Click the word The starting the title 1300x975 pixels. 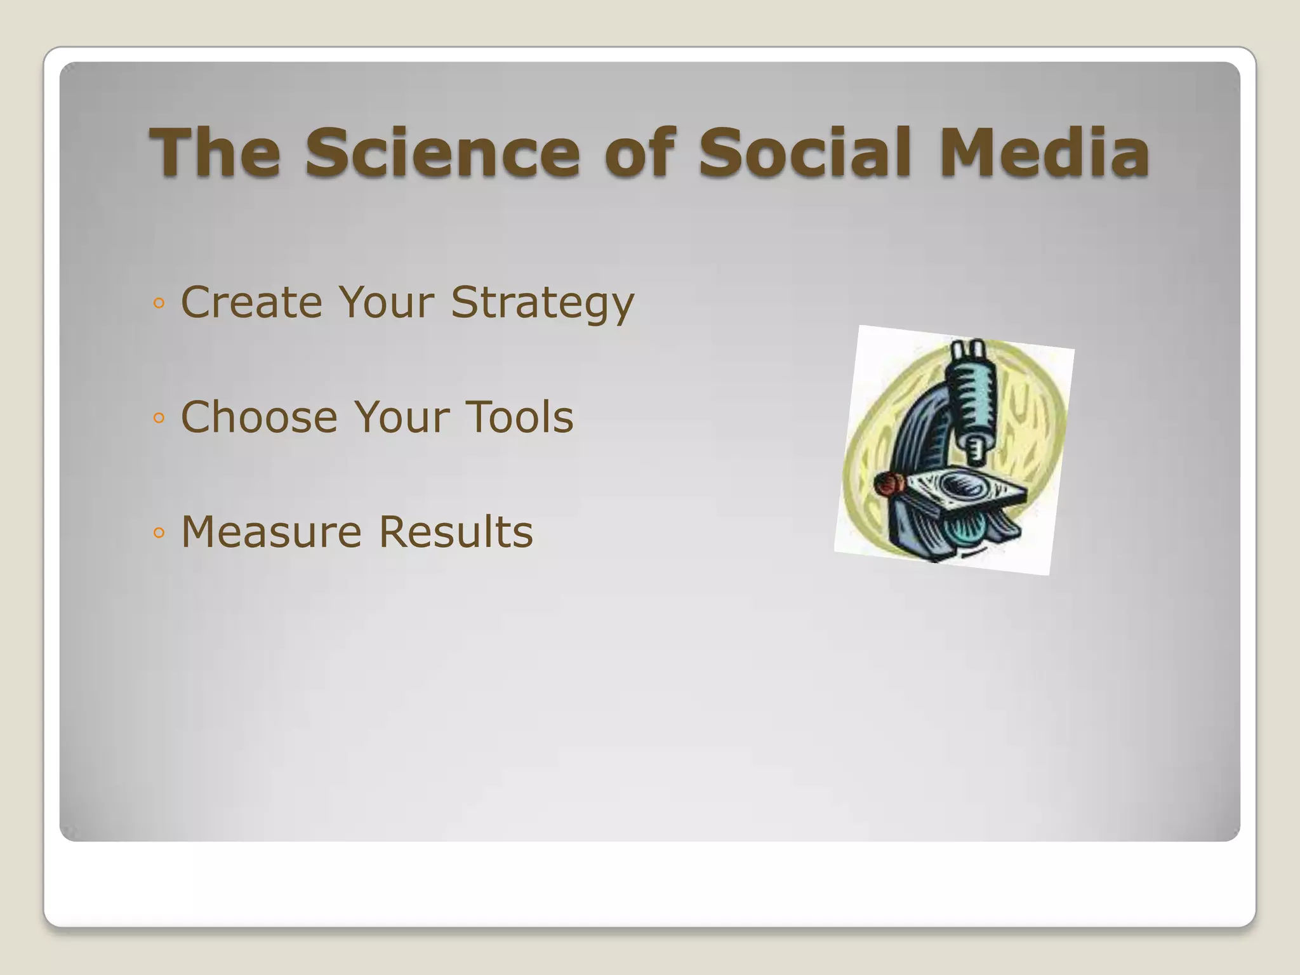(215, 153)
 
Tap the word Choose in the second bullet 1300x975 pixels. (259, 417)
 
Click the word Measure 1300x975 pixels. (271, 532)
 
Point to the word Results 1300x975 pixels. (456, 532)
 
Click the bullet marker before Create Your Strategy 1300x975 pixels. (159, 303)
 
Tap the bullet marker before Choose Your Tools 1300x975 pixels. (159, 418)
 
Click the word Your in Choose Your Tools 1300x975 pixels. (401, 417)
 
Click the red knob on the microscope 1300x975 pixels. (889, 484)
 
